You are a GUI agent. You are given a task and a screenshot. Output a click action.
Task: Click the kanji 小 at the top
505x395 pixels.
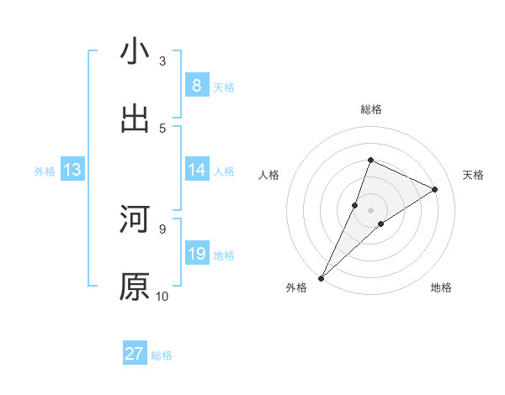pyautogui.click(x=135, y=51)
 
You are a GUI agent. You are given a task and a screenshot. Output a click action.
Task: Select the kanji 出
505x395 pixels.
pyautogui.click(x=135, y=118)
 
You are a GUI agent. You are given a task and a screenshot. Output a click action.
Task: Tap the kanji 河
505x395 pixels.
pyautogui.click(x=135, y=220)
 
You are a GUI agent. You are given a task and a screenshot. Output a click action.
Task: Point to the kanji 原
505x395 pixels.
pyautogui.click(x=135, y=287)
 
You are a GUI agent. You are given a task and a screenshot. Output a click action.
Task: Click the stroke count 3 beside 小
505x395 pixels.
pyautogui.click(x=162, y=61)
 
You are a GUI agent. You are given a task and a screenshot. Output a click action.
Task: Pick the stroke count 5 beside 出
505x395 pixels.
pyautogui.click(x=162, y=128)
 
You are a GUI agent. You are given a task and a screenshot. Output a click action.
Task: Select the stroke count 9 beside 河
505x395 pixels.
pyautogui.click(x=162, y=229)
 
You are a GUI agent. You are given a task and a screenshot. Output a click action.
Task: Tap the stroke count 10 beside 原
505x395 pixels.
pyautogui.click(x=162, y=296)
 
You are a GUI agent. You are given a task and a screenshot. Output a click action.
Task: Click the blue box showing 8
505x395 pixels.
pyautogui.click(x=197, y=86)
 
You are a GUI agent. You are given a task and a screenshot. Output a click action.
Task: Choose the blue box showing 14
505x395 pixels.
pyautogui.click(x=197, y=170)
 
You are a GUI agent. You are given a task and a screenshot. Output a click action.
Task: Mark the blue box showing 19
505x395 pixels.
pyautogui.click(x=197, y=254)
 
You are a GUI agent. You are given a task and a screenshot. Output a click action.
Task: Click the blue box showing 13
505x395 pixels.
pyautogui.click(x=72, y=170)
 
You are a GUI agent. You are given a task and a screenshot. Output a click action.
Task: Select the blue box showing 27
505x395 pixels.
pyautogui.click(x=135, y=354)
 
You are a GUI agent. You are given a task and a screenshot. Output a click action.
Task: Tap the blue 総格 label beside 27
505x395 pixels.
pyautogui.click(x=162, y=355)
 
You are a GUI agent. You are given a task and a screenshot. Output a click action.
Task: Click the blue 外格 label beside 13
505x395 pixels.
pyautogui.click(x=45, y=171)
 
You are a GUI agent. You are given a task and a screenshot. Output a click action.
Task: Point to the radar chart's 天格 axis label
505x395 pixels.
pyautogui.click(x=473, y=175)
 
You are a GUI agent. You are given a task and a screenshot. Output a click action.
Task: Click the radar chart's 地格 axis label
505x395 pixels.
pyautogui.click(x=441, y=287)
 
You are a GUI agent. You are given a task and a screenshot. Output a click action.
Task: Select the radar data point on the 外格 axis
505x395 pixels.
pyautogui.click(x=321, y=278)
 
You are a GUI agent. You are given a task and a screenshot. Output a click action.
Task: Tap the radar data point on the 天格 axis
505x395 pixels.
pyautogui.click(x=434, y=190)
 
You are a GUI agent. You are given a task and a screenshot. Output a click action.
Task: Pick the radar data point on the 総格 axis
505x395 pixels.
pyautogui.click(x=370, y=160)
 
